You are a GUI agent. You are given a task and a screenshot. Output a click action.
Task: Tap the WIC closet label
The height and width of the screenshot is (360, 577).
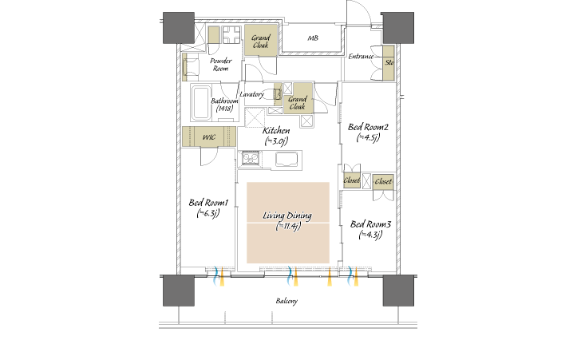pyautogui.click(x=208, y=137)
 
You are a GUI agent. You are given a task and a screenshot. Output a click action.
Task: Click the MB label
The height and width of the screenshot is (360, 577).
pyautogui.click(x=313, y=38)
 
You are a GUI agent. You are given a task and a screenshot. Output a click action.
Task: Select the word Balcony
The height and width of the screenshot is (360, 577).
pyautogui.click(x=287, y=301)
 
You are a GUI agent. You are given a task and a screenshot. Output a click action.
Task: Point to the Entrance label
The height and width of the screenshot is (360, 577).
pyautogui.click(x=361, y=57)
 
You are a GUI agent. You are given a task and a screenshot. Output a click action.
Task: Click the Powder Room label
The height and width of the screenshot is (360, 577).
pyautogui.click(x=221, y=65)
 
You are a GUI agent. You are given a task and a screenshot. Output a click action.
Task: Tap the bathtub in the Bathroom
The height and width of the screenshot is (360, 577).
pyautogui.click(x=201, y=103)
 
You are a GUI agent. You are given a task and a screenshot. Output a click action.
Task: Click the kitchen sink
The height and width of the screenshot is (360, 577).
pyautogui.click(x=287, y=160)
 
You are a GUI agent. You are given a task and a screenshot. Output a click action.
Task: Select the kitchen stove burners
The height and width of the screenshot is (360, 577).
pyautogui.click(x=251, y=158)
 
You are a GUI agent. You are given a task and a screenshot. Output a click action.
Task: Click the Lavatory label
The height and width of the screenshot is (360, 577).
pyautogui.click(x=251, y=94)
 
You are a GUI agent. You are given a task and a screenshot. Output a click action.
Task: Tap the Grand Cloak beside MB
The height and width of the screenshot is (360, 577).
pyautogui.click(x=261, y=41)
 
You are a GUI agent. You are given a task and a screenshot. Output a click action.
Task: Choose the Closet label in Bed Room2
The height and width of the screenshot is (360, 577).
pyautogui.click(x=351, y=180)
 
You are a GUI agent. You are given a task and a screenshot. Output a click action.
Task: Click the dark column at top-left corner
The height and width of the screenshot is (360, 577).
pyautogui.click(x=179, y=28)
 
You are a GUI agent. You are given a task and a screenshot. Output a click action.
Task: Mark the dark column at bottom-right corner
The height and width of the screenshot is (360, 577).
pyautogui.click(x=398, y=291)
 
